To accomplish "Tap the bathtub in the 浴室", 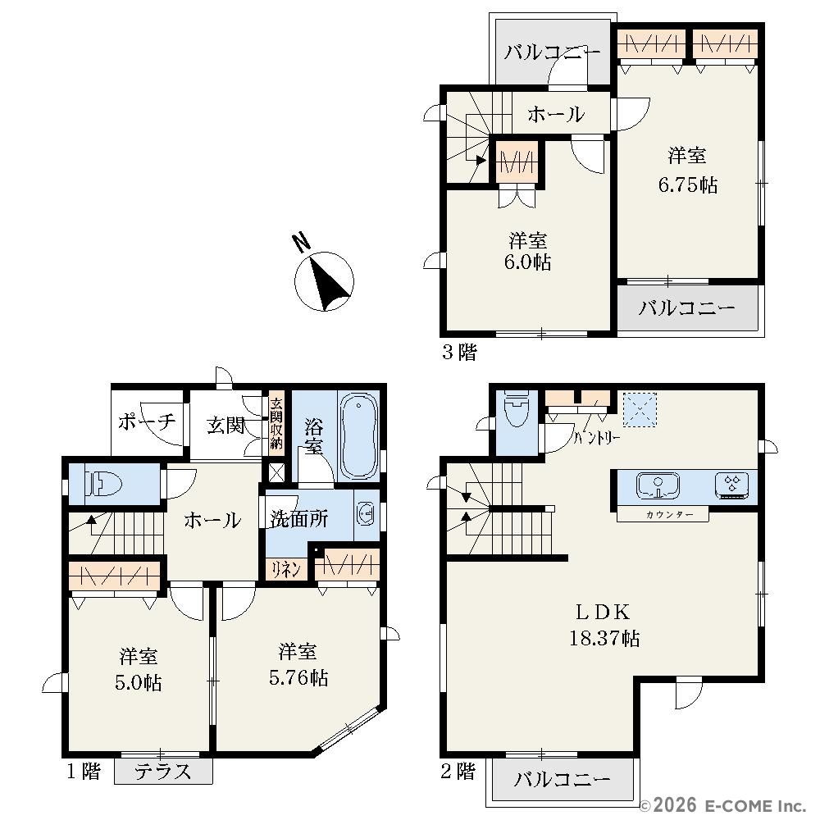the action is click(x=359, y=435).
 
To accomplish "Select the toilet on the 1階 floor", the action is click(x=104, y=485).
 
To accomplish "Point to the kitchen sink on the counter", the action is click(x=657, y=485).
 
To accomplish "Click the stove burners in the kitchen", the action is click(x=731, y=485).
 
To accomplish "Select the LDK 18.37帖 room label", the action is click(x=604, y=624).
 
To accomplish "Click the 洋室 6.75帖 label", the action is click(x=687, y=170).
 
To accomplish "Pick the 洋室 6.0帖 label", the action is click(x=527, y=251).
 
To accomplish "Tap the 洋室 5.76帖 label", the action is click(x=298, y=665).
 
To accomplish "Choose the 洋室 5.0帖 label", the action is click(x=139, y=669).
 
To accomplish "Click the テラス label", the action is click(x=162, y=772).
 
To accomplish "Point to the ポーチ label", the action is click(x=147, y=421).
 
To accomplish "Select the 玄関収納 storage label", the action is click(x=276, y=424).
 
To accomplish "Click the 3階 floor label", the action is click(x=459, y=352).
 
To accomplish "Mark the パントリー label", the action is click(x=597, y=437).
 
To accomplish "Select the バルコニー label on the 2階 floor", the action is click(x=563, y=780).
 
